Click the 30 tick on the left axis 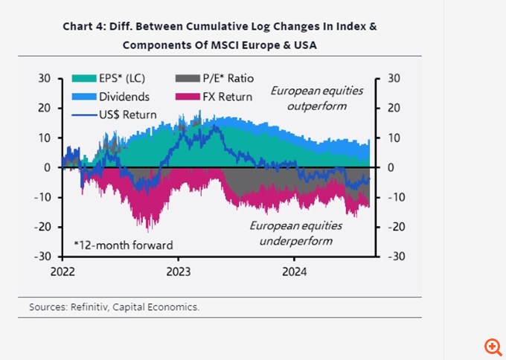44,78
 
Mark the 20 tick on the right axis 394,108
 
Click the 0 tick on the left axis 47,167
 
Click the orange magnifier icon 492,347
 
